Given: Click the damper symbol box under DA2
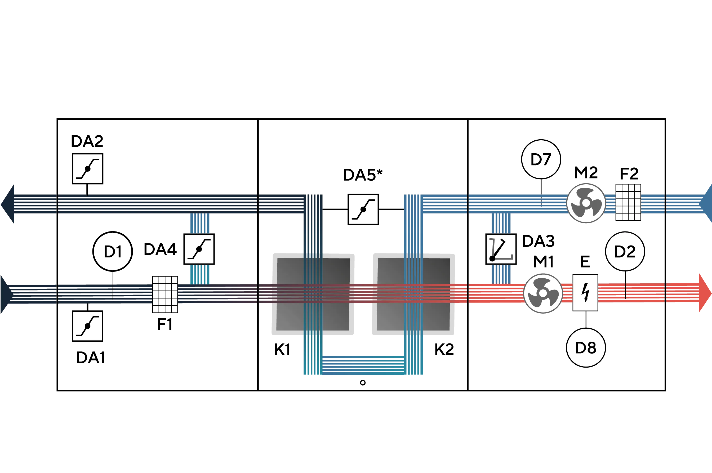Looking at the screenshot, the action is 87,169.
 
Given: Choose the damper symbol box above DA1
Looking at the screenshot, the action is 87,326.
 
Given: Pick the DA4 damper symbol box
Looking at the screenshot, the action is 199,249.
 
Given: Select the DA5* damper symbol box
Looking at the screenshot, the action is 363,209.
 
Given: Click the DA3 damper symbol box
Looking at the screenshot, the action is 501,249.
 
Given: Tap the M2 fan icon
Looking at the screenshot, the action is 586,203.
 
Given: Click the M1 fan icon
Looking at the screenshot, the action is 543,293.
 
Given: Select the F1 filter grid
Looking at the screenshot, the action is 165,294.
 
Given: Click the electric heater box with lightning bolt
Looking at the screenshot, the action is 585,293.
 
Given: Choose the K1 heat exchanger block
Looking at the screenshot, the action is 313,294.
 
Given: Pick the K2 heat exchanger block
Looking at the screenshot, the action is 413,294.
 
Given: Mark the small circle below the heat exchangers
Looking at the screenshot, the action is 363,383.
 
